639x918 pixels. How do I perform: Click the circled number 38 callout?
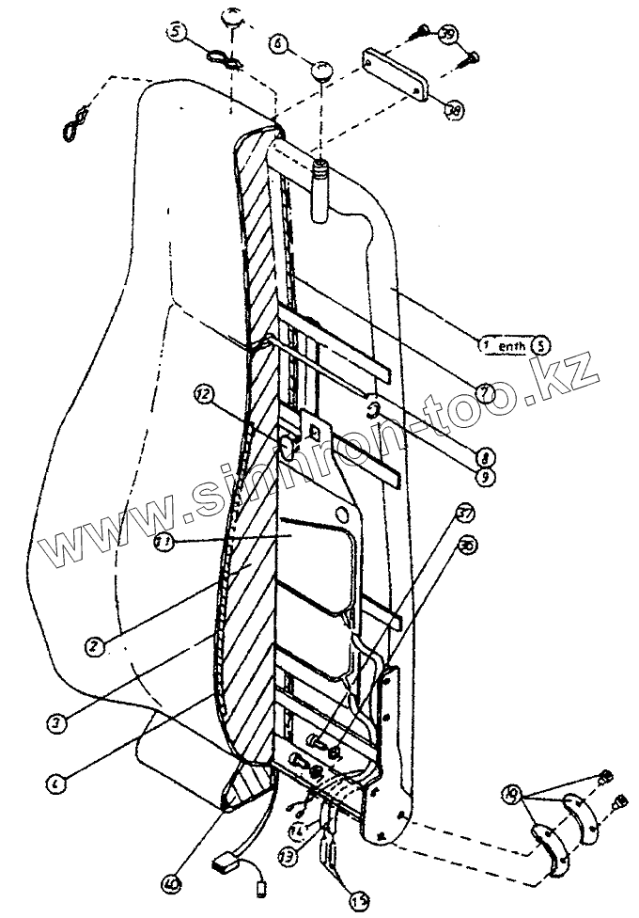455,110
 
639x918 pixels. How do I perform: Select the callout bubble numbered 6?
278,43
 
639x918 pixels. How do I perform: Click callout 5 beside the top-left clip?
178,32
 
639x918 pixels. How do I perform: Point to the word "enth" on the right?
512,345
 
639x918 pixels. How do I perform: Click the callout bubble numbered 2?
93,647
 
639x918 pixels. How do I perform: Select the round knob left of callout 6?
321,71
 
